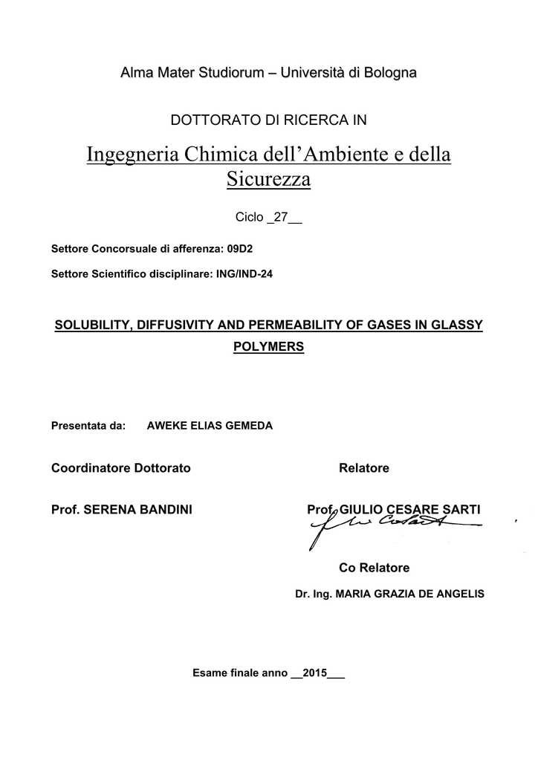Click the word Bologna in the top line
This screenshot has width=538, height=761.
(x=386, y=72)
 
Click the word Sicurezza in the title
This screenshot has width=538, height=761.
(x=268, y=179)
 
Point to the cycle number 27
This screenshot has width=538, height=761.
(x=281, y=217)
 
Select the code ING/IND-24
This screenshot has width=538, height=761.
(x=244, y=273)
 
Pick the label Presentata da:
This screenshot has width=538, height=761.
(x=88, y=426)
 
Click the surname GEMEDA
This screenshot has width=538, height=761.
(x=247, y=426)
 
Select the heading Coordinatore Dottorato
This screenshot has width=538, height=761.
(x=120, y=468)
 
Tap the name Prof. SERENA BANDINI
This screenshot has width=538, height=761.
(x=122, y=509)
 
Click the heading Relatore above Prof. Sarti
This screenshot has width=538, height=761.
(x=363, y=468)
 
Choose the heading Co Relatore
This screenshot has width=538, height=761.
(x=374, y=568)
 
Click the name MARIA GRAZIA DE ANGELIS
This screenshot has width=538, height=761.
(x=410, y=594)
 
